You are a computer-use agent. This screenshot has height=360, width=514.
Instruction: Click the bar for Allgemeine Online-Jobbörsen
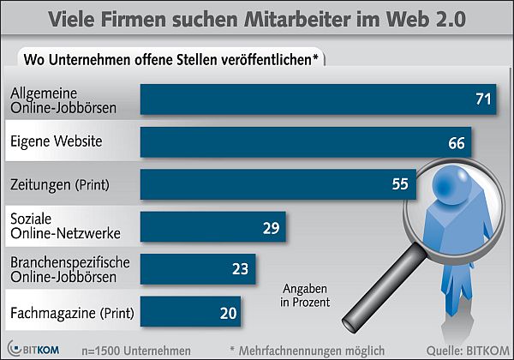tap(317, 99)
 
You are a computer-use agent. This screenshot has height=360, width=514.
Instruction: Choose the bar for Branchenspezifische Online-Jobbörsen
tap(197, 267)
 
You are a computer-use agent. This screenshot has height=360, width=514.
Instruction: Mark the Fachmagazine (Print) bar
tap(190, 311)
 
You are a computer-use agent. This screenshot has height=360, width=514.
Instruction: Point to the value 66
tap(457, 142)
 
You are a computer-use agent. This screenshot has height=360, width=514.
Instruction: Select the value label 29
tap(272, 227)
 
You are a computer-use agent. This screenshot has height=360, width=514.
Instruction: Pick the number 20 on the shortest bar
tap(228, 312)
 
